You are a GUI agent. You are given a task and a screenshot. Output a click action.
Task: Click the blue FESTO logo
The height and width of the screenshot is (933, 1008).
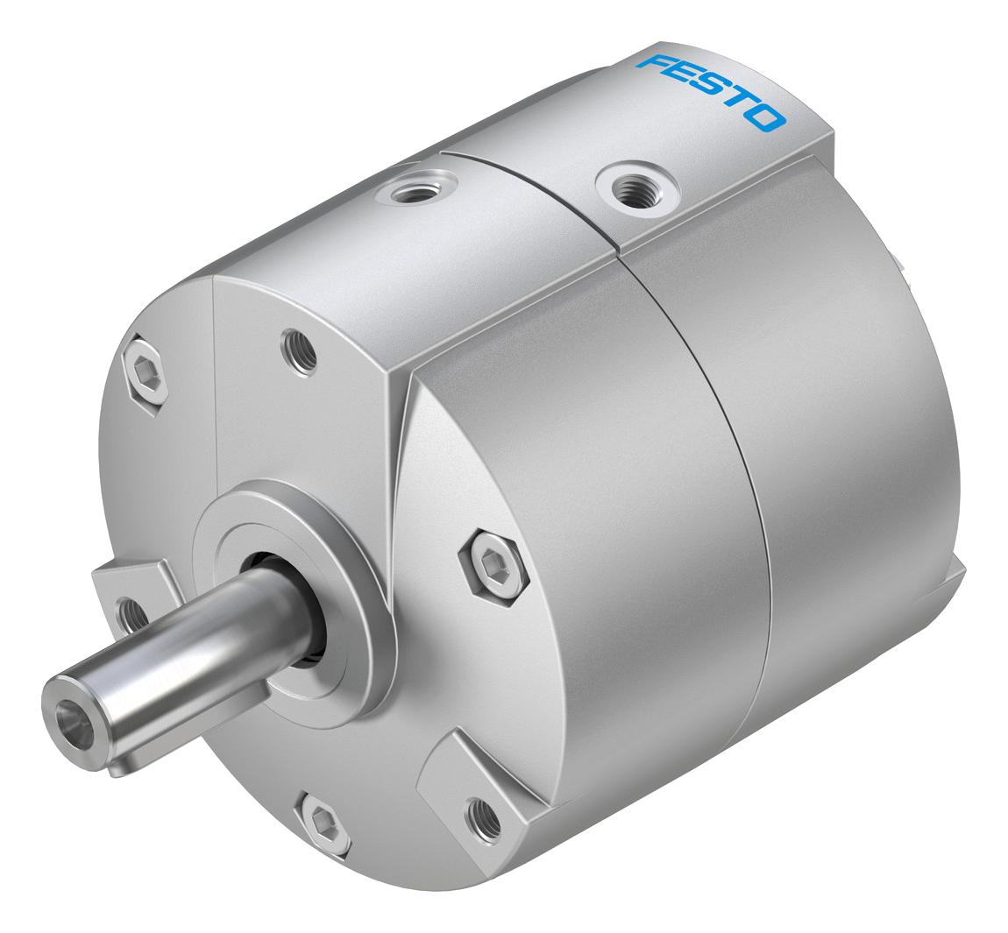tap(711, 92)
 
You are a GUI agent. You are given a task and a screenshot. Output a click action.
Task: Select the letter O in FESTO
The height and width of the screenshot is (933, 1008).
tap(768, 117)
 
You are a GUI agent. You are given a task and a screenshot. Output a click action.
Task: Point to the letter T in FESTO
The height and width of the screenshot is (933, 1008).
tap(740, 104)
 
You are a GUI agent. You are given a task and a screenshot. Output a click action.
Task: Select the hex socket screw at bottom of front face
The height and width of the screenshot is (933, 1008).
tap(323, 820)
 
